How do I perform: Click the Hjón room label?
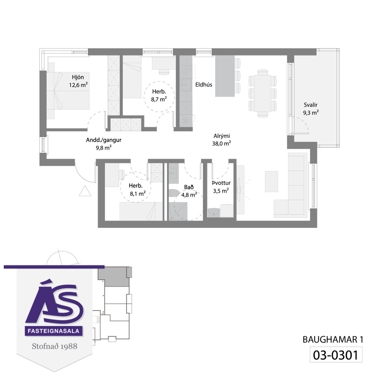78,77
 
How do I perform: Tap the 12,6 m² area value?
78,85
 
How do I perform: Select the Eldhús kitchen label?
203,84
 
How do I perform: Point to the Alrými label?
221,136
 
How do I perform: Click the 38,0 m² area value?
221,143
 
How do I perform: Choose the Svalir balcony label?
311,105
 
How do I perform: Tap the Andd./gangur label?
104,140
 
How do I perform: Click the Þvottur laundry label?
221,183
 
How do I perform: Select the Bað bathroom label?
189,187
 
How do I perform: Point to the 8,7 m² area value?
159,99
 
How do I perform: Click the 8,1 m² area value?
138,194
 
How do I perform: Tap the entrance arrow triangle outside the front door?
85,191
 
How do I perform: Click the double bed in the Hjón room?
68,91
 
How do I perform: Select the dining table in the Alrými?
262,93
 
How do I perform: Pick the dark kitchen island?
225,76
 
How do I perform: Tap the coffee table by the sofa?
271,181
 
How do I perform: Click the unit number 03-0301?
335,355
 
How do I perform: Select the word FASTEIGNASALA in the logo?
54,331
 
